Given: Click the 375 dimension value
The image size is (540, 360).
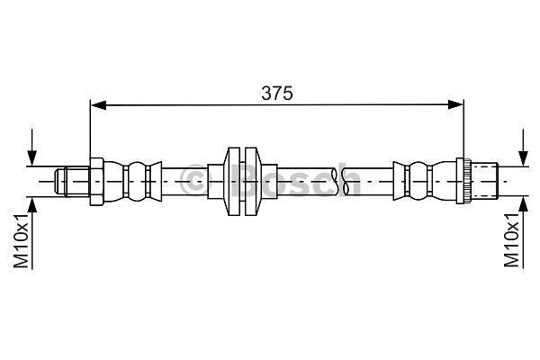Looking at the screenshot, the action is (277, 93).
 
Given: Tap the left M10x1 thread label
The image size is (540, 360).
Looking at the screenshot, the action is (21, 240).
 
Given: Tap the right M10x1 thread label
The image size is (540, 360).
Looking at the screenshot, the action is (511, 240).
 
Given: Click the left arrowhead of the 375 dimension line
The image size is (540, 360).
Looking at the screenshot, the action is (98, 104).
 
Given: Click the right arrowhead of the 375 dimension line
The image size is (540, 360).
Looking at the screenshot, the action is (455, 104).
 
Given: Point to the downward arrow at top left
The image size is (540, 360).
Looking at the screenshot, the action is (32, 148).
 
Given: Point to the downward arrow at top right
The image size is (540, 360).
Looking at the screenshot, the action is (523, 148).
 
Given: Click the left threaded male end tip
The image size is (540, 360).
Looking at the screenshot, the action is (60, 182).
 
